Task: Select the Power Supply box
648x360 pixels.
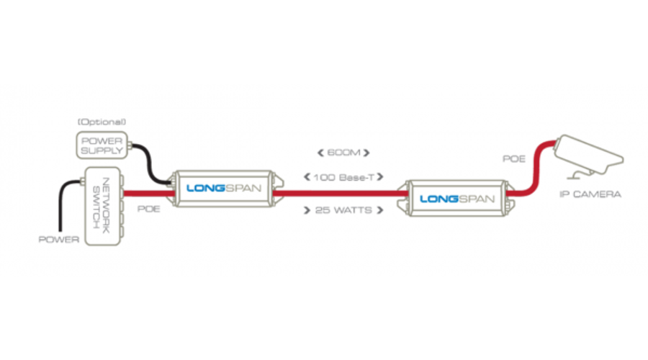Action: coord(102,143)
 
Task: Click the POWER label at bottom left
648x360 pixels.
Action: coord(59,240)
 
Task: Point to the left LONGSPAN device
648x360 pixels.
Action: coord(221,189)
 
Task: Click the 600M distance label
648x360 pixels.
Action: coord(342,153)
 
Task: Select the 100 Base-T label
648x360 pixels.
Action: coord(343,176)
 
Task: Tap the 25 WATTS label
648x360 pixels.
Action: coord(343,210)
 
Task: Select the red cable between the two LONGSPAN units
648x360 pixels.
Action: coord(338,192)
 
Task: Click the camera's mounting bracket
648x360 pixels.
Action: coord(576,173)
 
